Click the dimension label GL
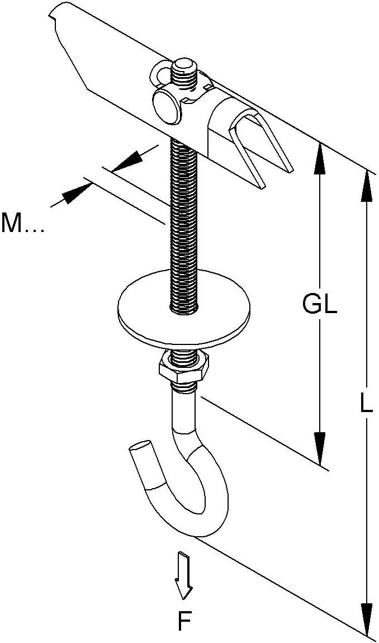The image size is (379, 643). pos(320,305)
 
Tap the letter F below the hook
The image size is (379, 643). pos(185,621)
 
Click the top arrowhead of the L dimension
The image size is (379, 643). pos(367,185)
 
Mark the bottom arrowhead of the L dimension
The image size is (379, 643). pos(367,621)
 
